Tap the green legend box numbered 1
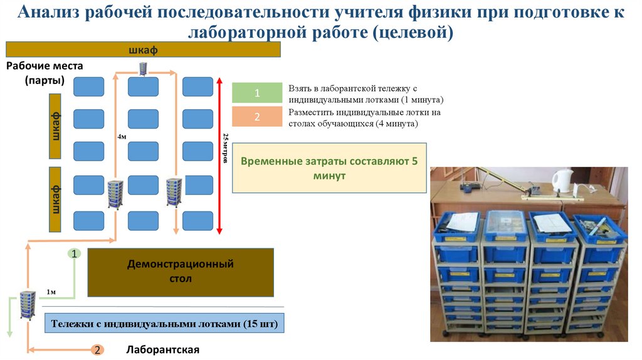pyautogui.click(x=256, y=93)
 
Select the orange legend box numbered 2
pyautogui.click(x=256, y=117)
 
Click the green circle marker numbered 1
pyautogui.click(x=74, y=254)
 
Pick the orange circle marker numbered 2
pyautogui.click(x=97, y=349)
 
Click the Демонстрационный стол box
pyautogui.click(x=181, y=272)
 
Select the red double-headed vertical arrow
pyautogui.click(x=219, y=156)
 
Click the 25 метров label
pyautogui.click(x=226, y=149)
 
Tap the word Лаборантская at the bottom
pyautogui.click(x=162, y=350)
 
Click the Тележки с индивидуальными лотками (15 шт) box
pyautogui.click(x=164, y=324)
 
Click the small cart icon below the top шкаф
pyautogui.click(x=143, y=68)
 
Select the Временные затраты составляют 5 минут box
pyautogui.click(x=329, y=168)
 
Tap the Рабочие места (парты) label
pyautogui.click(x=44, y=73)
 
